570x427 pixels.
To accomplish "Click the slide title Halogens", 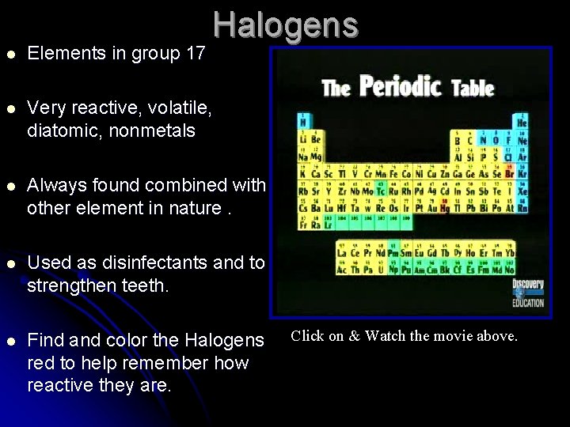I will (x=285, y=25).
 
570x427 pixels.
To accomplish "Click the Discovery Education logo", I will (x=528, y=293).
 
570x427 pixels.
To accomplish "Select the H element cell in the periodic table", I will (x=302, y=122).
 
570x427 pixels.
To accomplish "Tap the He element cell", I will (x=521, y=122).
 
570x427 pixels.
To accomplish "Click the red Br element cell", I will (x=509, y=173).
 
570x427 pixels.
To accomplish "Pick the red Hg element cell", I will (x=444, y=207).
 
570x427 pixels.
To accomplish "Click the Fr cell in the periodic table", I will (x=302, y=225).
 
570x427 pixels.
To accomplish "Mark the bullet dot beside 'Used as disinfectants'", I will (x=10, y=263).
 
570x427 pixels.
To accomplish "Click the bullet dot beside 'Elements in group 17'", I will (x=10, y=54).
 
